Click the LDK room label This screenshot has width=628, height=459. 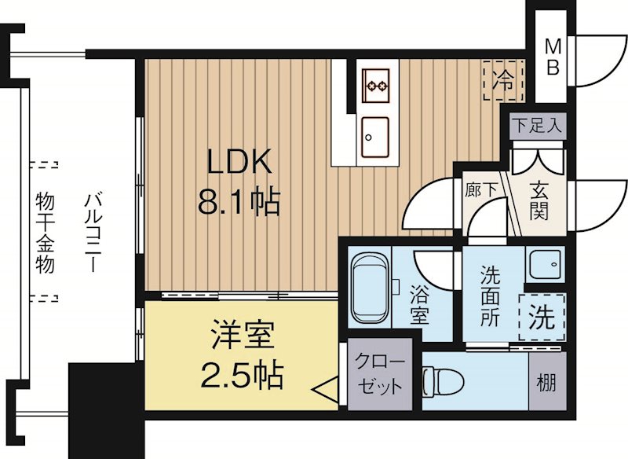tap(239, 163)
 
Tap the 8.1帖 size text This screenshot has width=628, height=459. tap(239, 204)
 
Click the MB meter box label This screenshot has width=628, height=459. tap(553, 57)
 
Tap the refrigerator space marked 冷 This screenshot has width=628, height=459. tap(502, 80)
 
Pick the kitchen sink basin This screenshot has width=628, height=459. tap(375, 136)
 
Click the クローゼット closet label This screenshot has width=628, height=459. tap(380, 374)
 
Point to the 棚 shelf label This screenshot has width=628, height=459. tap(546, 383)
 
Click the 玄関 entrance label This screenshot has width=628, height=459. tap(538, 200)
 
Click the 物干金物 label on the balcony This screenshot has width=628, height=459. tap(45, 233)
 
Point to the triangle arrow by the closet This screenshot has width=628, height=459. tap(323, 389)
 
